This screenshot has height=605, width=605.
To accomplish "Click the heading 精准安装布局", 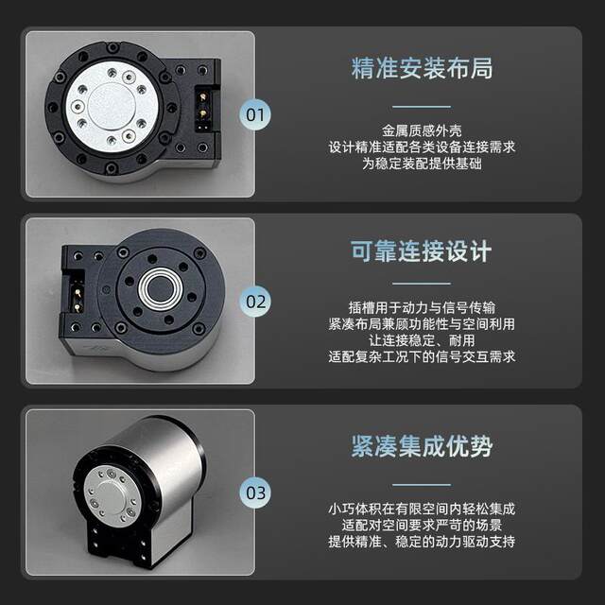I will [x=421, y=69].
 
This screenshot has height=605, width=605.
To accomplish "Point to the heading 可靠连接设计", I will [x=421, y=252].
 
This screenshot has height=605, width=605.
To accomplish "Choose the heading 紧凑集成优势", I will [x=421, y=445].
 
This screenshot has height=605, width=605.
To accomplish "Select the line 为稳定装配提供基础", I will [x=421, y=164].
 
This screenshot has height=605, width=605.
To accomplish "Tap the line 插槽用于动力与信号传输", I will [x=421, y=308].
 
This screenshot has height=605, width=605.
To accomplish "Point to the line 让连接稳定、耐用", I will [x=421, y=340].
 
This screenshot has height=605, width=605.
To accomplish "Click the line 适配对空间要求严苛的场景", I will [x=421, y=526].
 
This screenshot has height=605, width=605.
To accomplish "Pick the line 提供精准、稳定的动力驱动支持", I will [x=421, y=542].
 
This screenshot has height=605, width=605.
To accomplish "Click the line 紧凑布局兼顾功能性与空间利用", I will [x=421, y=324].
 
